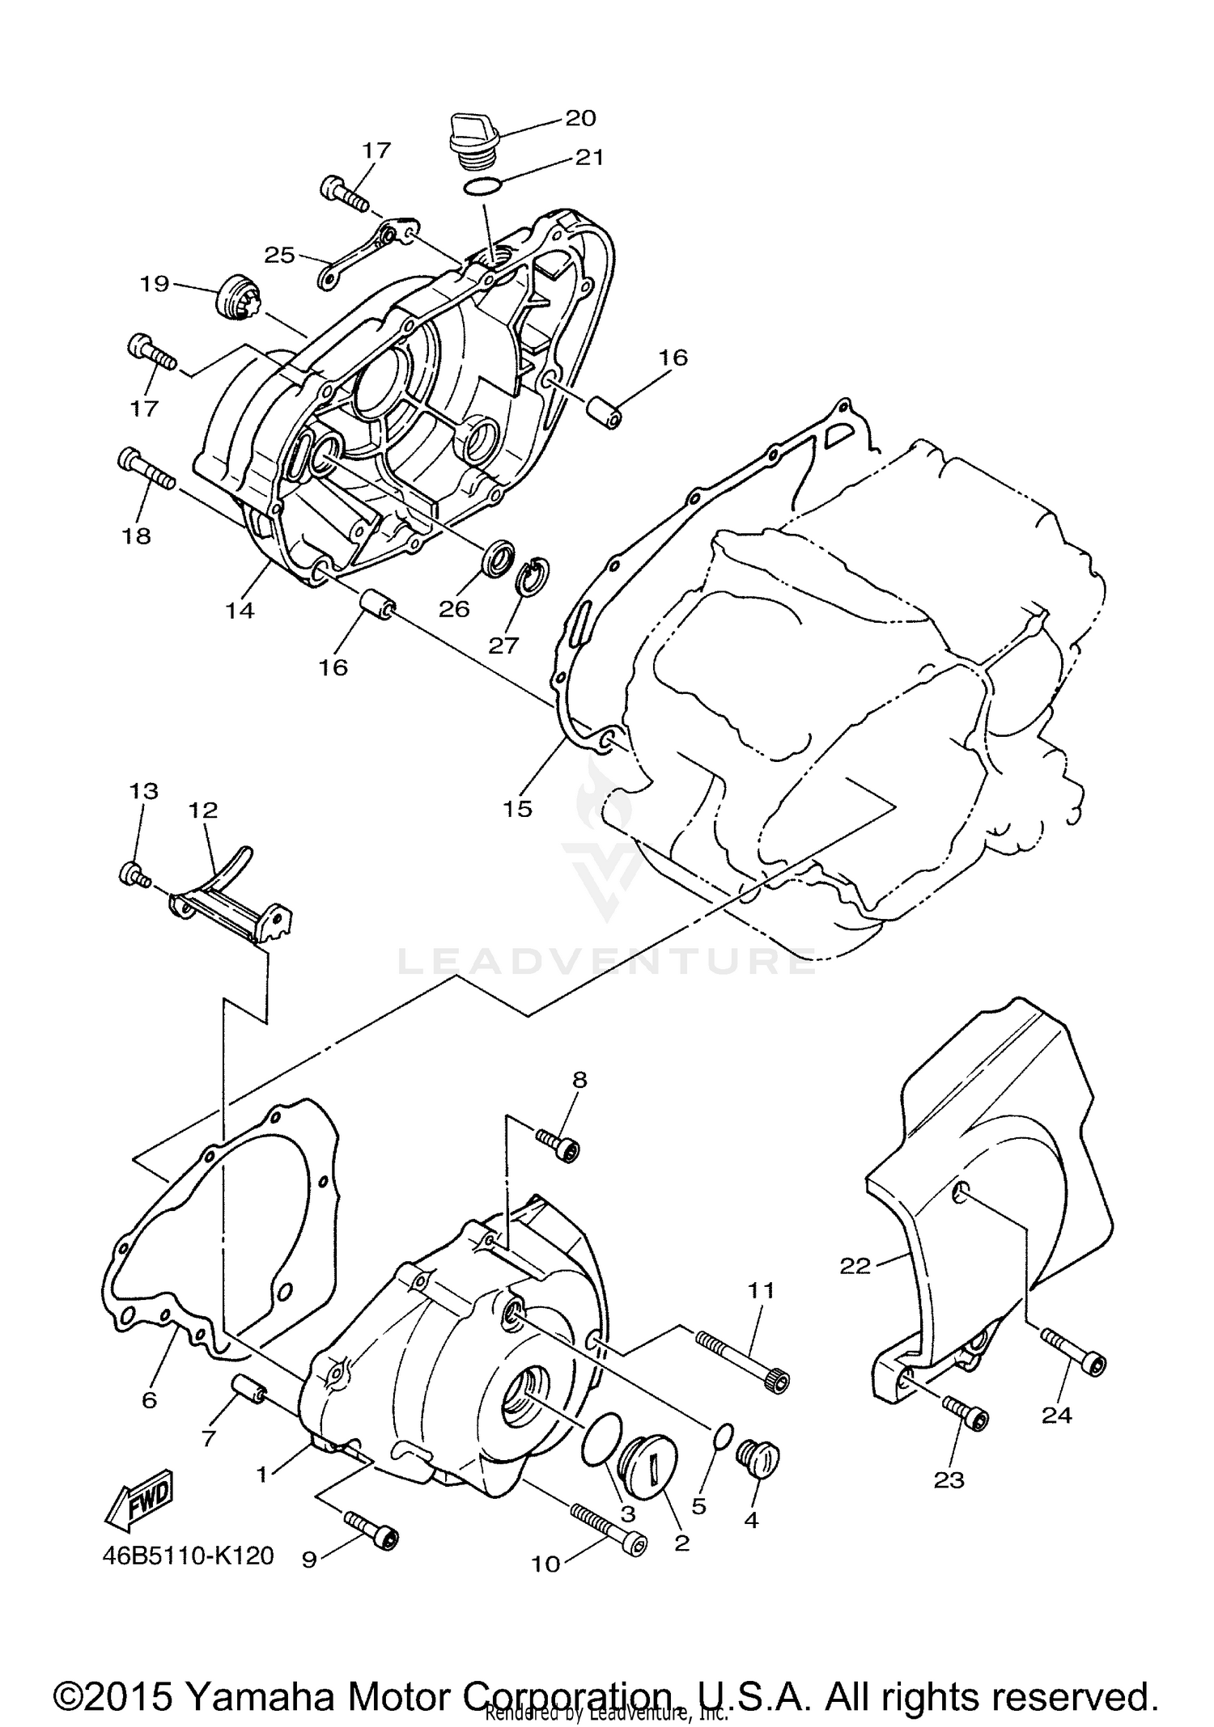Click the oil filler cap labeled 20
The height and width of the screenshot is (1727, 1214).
[468, 142]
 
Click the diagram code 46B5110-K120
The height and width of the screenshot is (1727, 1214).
[188, 1556]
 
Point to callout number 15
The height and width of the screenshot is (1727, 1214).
[518, 808]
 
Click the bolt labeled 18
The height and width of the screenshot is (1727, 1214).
[146, 470]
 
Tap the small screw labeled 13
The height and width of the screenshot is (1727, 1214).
[134, 874]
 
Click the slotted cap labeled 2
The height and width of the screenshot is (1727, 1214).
[646, 1467]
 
